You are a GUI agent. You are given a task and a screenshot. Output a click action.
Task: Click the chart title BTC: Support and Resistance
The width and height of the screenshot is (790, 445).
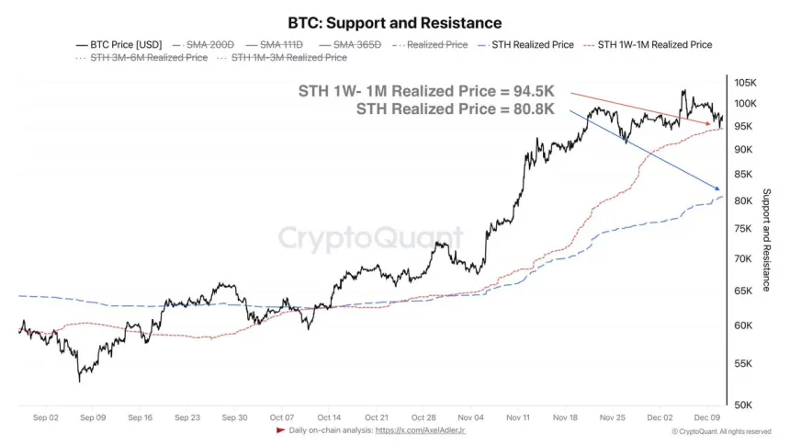pos(395,22)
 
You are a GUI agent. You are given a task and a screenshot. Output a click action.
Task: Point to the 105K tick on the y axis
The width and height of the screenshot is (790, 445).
pos(744,82)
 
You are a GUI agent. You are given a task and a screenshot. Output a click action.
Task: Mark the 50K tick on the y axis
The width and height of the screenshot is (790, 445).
pos(742,405)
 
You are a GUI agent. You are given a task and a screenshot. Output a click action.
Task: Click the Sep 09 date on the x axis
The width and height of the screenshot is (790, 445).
pos(92,416)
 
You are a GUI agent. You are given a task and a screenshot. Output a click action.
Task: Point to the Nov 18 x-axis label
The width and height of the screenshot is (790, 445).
pos(564,416)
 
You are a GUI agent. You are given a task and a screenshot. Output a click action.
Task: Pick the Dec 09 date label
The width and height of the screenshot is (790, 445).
pos(705,416)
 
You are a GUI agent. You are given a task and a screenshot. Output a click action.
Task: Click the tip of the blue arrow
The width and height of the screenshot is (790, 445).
pos(718,191)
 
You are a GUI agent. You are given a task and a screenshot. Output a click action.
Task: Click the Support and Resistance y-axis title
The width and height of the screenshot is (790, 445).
pos(767,241)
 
